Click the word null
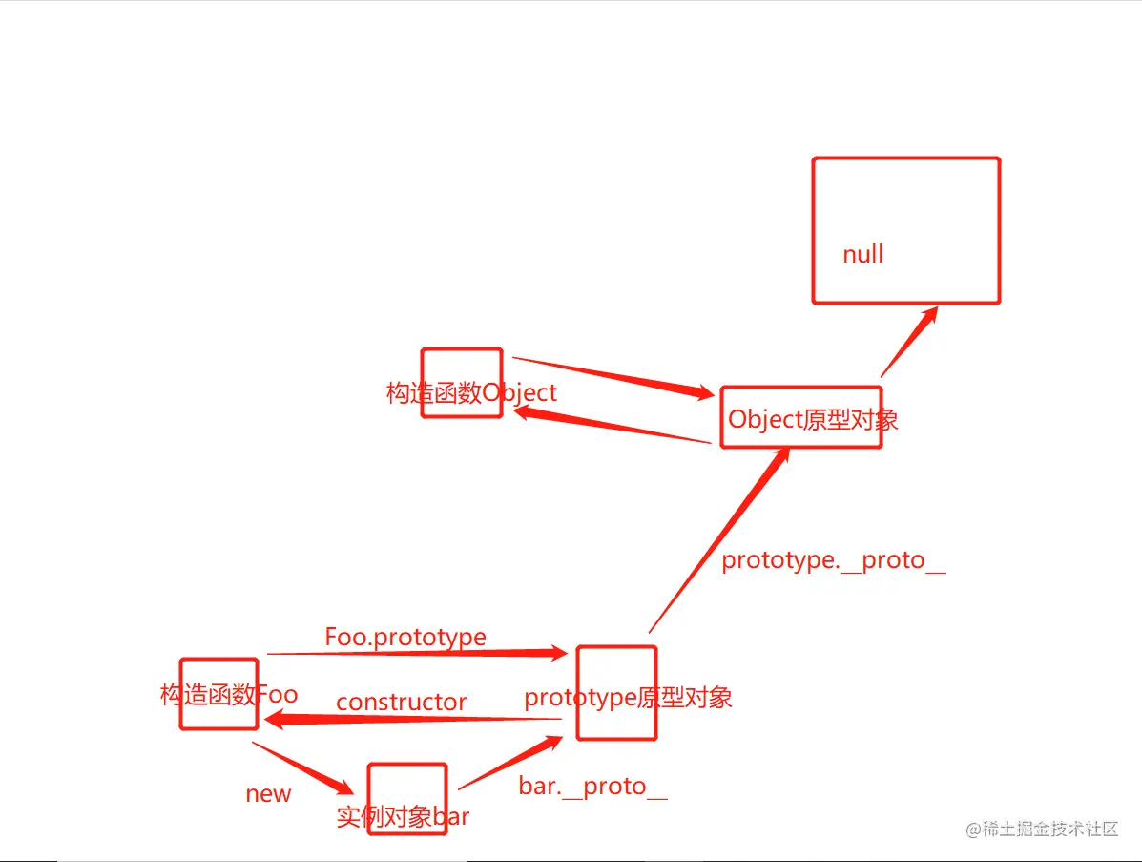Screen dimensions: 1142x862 pyautogui.click(x=862, y=255)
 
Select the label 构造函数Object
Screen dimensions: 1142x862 pyautogui.click(x=471, y=392)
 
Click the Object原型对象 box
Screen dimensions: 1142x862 pyautogui.click(x=800, y=418)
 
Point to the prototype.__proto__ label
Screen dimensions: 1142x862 pyautogui.click(x=833, y=560)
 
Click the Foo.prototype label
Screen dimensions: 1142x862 pyautogui.click(x=405, y=637)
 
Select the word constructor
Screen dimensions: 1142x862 pyautogui.click(x=401, y=703)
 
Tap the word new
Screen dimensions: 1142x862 pyautogui.click(x=268, y=794)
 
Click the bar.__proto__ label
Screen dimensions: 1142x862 pyautogui.click(x=592, y=787)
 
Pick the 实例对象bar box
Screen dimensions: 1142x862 pyautogui.click(x=407, y=798)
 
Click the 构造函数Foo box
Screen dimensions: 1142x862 pyautogui.click(x=218, y=694)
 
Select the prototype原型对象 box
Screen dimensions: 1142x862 pyautogui.click(x=616, y=694)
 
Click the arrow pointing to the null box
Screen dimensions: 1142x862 pyautogui.click(x=908, y=341)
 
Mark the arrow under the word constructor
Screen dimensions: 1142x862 pyautogui.click(x=410, y=720)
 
